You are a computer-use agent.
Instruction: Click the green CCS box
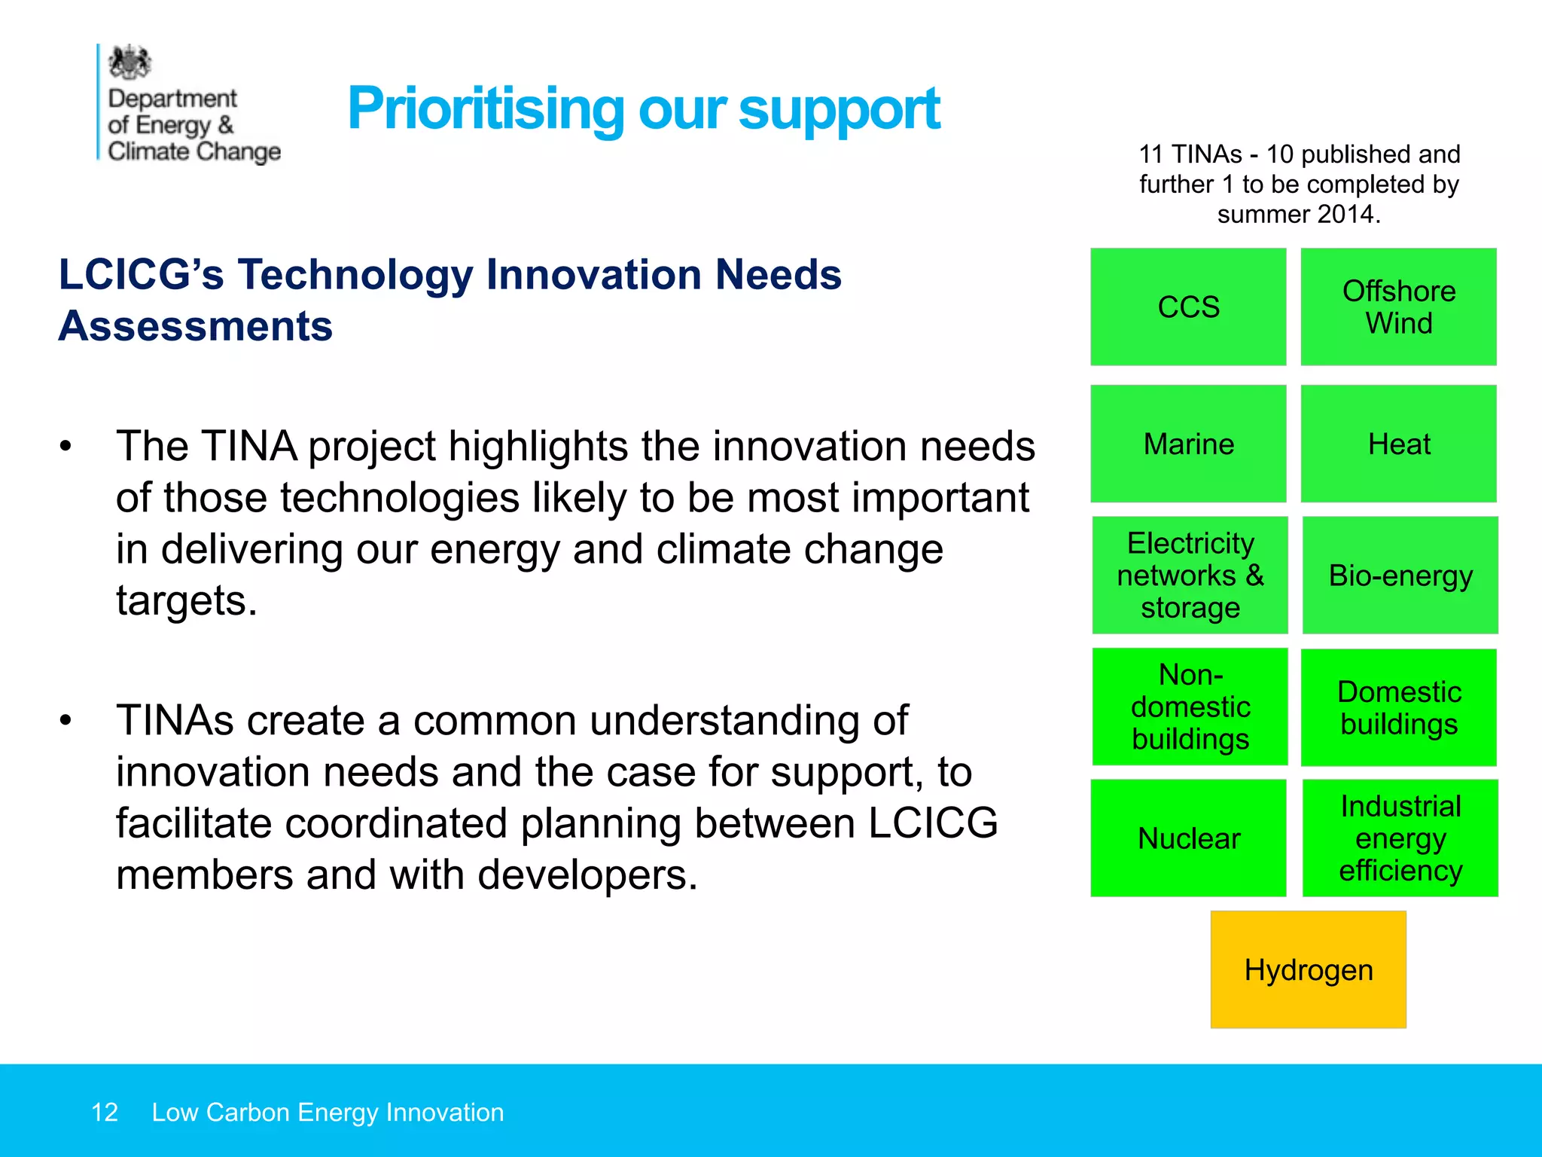pyautogui.click(x=1188, y=307)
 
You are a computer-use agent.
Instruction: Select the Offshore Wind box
pyautogui.click(x=1398, y=307)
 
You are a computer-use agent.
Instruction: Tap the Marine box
pyautogui.click(x=1188, y=444)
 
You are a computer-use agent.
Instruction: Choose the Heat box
pyautogui.click(x=1398, y=444)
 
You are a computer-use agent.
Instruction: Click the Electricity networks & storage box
pyautogui.click(x=1190, y=575)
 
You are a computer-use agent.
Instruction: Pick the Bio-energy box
pyautogui.click(x=1400, y=575)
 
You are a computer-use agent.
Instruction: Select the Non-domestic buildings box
pyautogui.click(x=1190, y=707)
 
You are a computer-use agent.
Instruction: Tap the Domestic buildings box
pyautogui.click(x=1398, y=707)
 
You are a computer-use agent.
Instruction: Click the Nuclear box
pyautogui.click(x=1188, y=838)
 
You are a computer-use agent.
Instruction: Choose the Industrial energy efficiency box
pyautogui.click(x=1400, y=838)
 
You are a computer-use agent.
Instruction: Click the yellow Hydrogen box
pyautogui.click(x=1308, y=969)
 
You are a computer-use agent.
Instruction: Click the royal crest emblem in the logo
pyautogui.click(x=130, y=63)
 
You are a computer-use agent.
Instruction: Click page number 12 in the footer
pyautogui.click(x=105, y=1112)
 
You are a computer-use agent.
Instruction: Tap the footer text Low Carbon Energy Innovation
pyautogui.click(x=328, y=1112)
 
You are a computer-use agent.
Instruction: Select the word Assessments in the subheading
pyautogui.click(x=196, y=326)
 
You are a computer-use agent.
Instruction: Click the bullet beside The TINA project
pyautogui.click(x=66, y=446)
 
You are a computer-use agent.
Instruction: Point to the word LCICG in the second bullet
pyautogui.click(x=933, y=823)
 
